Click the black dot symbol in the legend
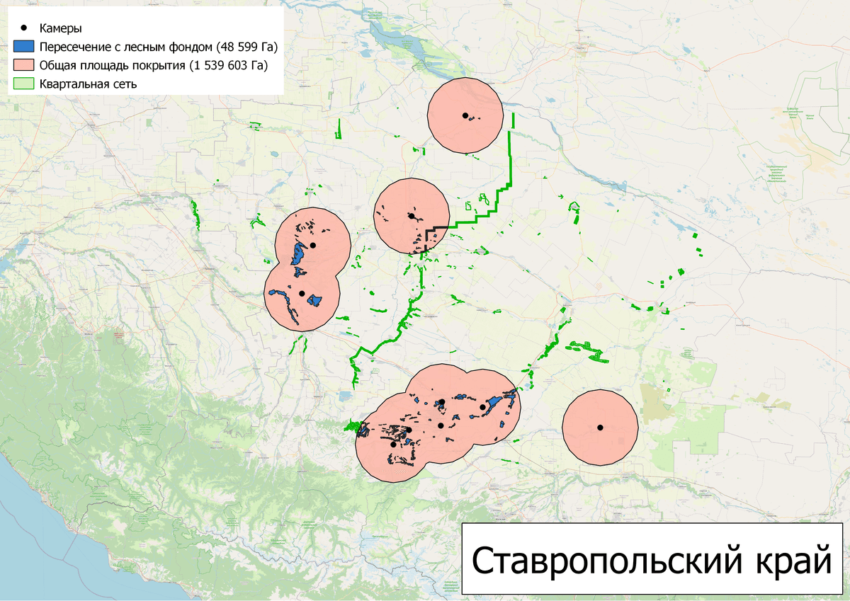pyautogui.click(x=25, y=28)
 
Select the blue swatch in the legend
pyautogui.click(x=25, y=47)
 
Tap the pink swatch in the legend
pyautogui.click(x=25, y=66)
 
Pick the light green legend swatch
pyautogui.click(x=25, y=84)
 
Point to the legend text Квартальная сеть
pyautogui.click(x=88, y=84)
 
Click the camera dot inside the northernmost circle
pyautogui.click(x=465, y=115)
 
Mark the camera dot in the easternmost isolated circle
pyautogui.click(x=600, y=427)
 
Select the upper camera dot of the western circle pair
pyautogui.click(x=312, y=245)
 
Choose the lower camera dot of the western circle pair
pyautogui.click(x=302, y=293)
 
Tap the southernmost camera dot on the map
pyautogui.click(x=393, y=445)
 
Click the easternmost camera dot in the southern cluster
pyautogui.click(x=483, y=406)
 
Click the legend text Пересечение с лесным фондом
pyautogui.click(x=127, y=47)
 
